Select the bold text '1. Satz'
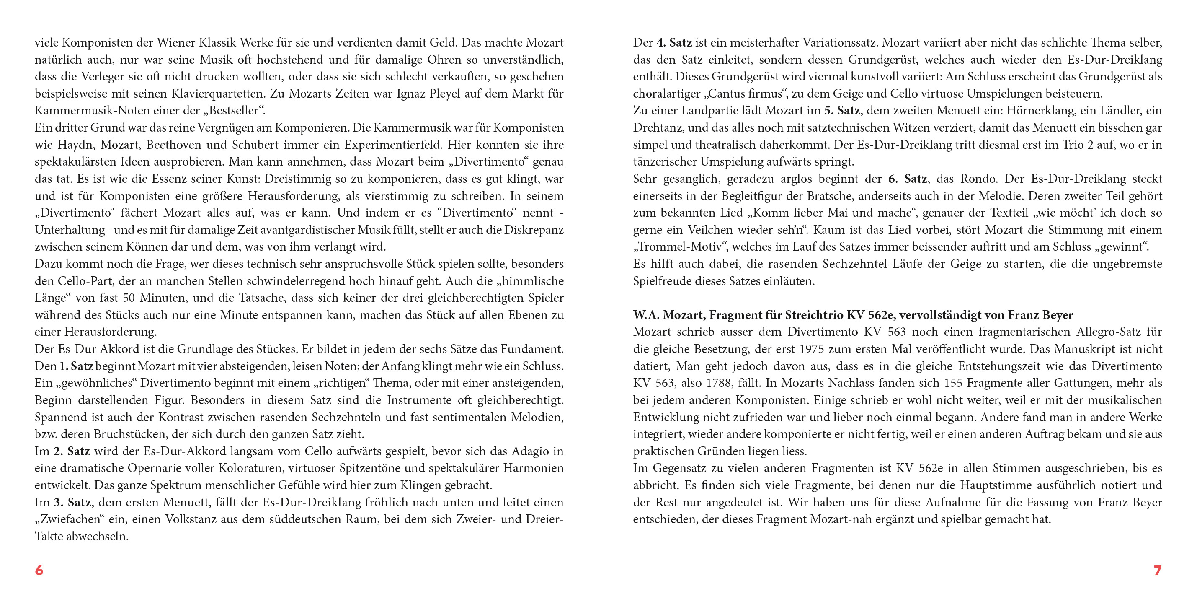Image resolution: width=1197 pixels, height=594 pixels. click(x=76, y=366)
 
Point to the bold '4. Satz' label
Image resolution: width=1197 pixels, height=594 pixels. click(x=674, y=43)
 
